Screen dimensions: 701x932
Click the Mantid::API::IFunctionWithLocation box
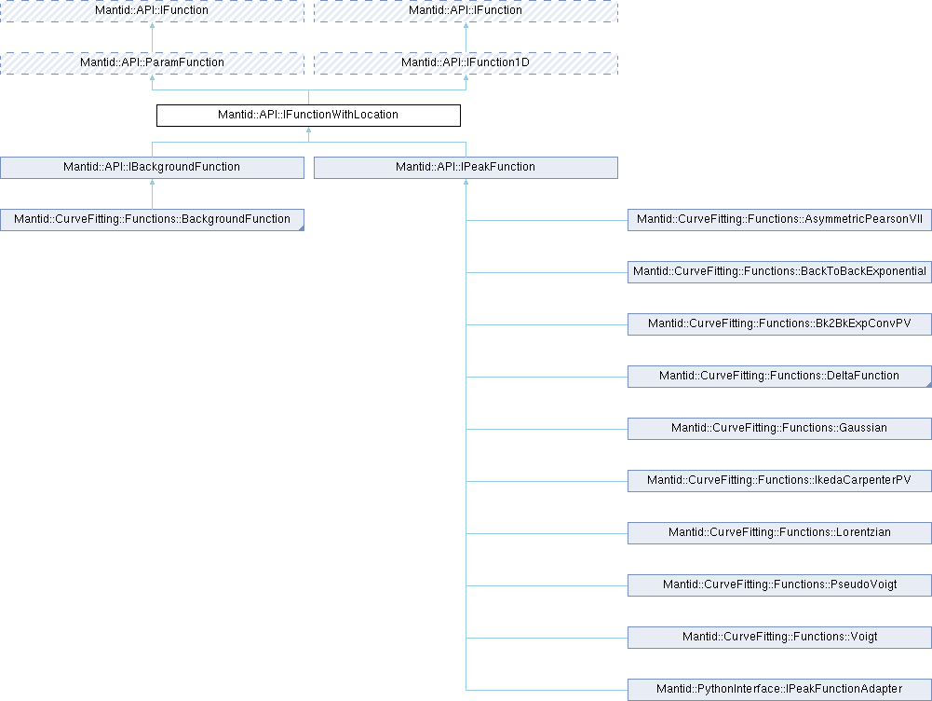click(308, 116)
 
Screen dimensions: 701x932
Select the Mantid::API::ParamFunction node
click(152, 62)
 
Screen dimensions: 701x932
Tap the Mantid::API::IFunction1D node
click(466, 62)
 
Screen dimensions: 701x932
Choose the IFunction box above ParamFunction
click(152, 10)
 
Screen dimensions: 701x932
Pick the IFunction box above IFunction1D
click(466, 10)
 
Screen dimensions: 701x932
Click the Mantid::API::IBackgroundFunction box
click(152, 168)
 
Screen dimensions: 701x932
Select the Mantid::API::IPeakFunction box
click(466, 168)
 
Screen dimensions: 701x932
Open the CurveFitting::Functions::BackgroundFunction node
click(152, 220)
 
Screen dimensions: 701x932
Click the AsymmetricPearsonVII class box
click(779, 220)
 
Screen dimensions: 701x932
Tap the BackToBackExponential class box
click(779, 272)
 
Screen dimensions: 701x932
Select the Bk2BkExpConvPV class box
click(779, 324)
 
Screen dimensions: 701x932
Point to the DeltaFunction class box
click(779, 377)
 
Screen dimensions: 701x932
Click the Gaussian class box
click(779, 429)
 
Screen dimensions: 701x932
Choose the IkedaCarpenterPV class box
click(779, 481)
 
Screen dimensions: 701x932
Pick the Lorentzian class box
click(779, 533)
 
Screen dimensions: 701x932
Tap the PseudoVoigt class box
click(779, 585)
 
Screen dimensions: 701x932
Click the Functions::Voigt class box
click(779, 638)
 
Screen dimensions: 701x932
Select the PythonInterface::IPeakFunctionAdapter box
click(779, 690)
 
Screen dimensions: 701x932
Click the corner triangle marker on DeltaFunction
click(927, 383)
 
